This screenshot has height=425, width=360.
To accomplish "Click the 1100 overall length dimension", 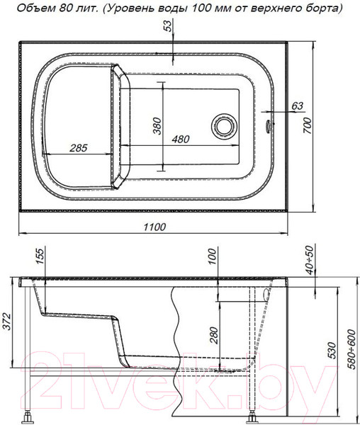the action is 154,227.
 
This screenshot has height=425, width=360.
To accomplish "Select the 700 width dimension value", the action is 308,125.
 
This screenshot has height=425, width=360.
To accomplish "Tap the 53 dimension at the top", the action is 169,25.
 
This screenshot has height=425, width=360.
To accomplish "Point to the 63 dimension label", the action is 298,106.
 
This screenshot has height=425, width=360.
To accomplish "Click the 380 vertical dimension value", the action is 157,126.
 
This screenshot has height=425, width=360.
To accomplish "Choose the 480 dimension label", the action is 181,139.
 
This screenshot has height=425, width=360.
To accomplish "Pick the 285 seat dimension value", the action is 79,148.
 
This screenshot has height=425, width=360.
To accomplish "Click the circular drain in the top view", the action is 224,126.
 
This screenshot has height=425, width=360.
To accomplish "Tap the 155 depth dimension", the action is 40,256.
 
